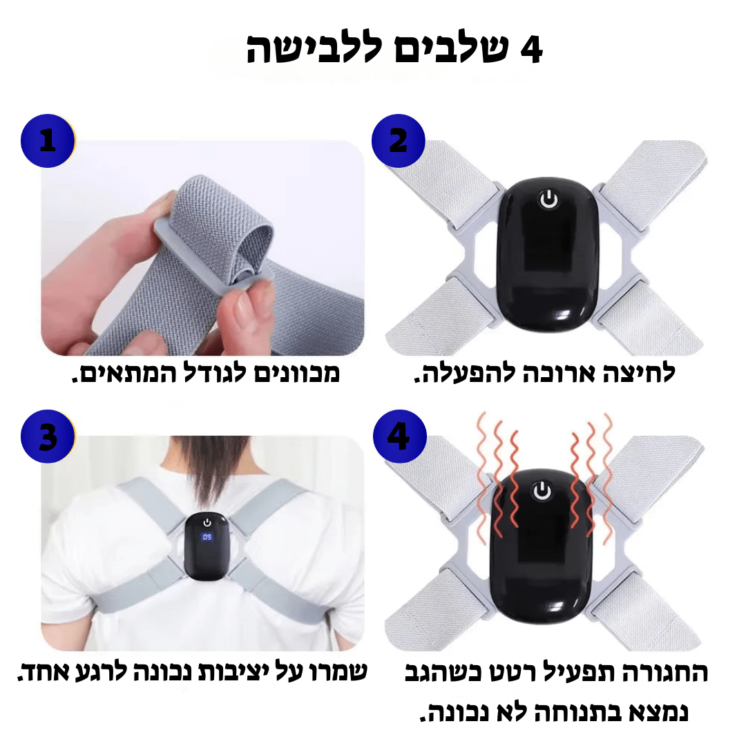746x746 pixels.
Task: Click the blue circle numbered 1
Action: pyautogui.click(x=47, y=141)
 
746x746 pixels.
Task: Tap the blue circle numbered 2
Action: pyautogui.click(x=399, y=141)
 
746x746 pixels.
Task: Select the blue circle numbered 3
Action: pyautogui.click(x=47, y=437)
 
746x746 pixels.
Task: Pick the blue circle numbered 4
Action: pyautogui.click(x=399, y=437)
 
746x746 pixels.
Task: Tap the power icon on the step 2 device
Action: pyautogui.click(x=548, y=200)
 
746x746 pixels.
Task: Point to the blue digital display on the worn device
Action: pyautogui.click(x=207, y=537)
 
